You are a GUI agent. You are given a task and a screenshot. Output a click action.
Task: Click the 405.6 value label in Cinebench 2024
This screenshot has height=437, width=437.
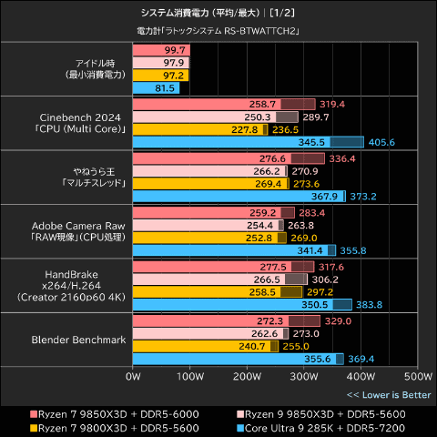click(382, 143)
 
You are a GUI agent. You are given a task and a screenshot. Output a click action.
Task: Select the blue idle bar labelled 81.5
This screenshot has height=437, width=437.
click(156, 88)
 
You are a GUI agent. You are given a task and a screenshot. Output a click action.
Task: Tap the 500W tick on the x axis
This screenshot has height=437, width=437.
click(417, 375)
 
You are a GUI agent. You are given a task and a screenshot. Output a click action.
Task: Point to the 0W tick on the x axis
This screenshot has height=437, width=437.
click(133, 375)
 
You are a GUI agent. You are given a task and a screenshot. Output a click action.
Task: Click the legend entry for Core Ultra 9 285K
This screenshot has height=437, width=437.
click(320, 427)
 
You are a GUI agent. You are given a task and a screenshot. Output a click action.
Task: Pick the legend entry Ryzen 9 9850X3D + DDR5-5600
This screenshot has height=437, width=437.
click(320, 413)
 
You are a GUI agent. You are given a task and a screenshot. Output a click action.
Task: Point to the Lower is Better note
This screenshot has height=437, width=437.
click(389, 394)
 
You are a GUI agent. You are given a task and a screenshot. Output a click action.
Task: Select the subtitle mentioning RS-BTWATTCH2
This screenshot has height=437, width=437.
click(218, 31)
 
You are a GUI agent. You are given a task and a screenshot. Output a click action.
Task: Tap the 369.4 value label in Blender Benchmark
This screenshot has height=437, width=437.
click(362, 360)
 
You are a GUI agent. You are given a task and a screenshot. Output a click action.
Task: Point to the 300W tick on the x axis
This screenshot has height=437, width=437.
click(303, 375)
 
